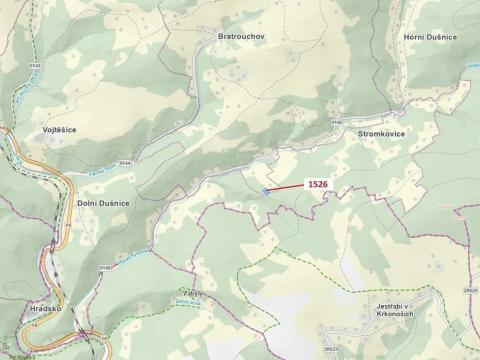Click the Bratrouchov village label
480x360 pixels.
(240, 37)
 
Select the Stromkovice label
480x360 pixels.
(378, 130)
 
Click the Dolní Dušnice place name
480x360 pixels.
(102, 203)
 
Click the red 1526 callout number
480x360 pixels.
(318, 185)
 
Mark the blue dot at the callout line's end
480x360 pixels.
(263, 191)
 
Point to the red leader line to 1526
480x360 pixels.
(284, 188)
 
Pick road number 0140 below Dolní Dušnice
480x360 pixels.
(106, 268)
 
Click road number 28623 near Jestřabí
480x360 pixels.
(331, 349)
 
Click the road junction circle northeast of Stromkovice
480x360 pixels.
(401, 107)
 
